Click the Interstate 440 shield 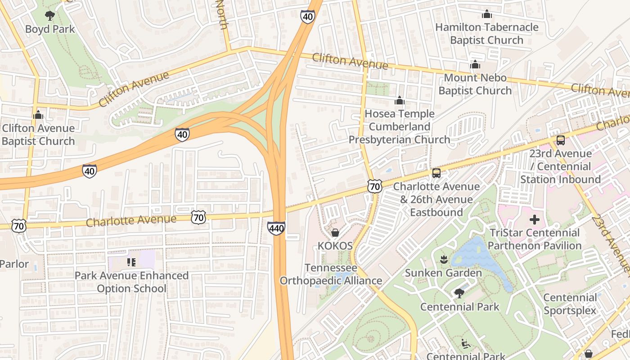click(276, 228)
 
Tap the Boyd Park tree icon click(50, 16)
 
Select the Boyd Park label click(50, 29)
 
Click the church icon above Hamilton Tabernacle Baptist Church click(486, 14)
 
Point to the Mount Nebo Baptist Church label click(475, 84)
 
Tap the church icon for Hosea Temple click(399, 101)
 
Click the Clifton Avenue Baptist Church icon click(38, 115)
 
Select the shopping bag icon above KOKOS click(335, 233)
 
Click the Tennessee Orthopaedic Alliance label click(331, 274)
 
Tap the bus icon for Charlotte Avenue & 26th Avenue click(436, 173)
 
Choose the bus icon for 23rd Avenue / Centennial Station click(560, 140)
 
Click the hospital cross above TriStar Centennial click(534, 220)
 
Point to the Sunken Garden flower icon click(443, 259)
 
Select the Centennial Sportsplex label click(570, 304)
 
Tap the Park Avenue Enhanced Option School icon click(131, 262)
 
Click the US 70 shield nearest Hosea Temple click(374, 186)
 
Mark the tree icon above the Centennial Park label click(459, 293)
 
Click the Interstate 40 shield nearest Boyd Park click(182, 134)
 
